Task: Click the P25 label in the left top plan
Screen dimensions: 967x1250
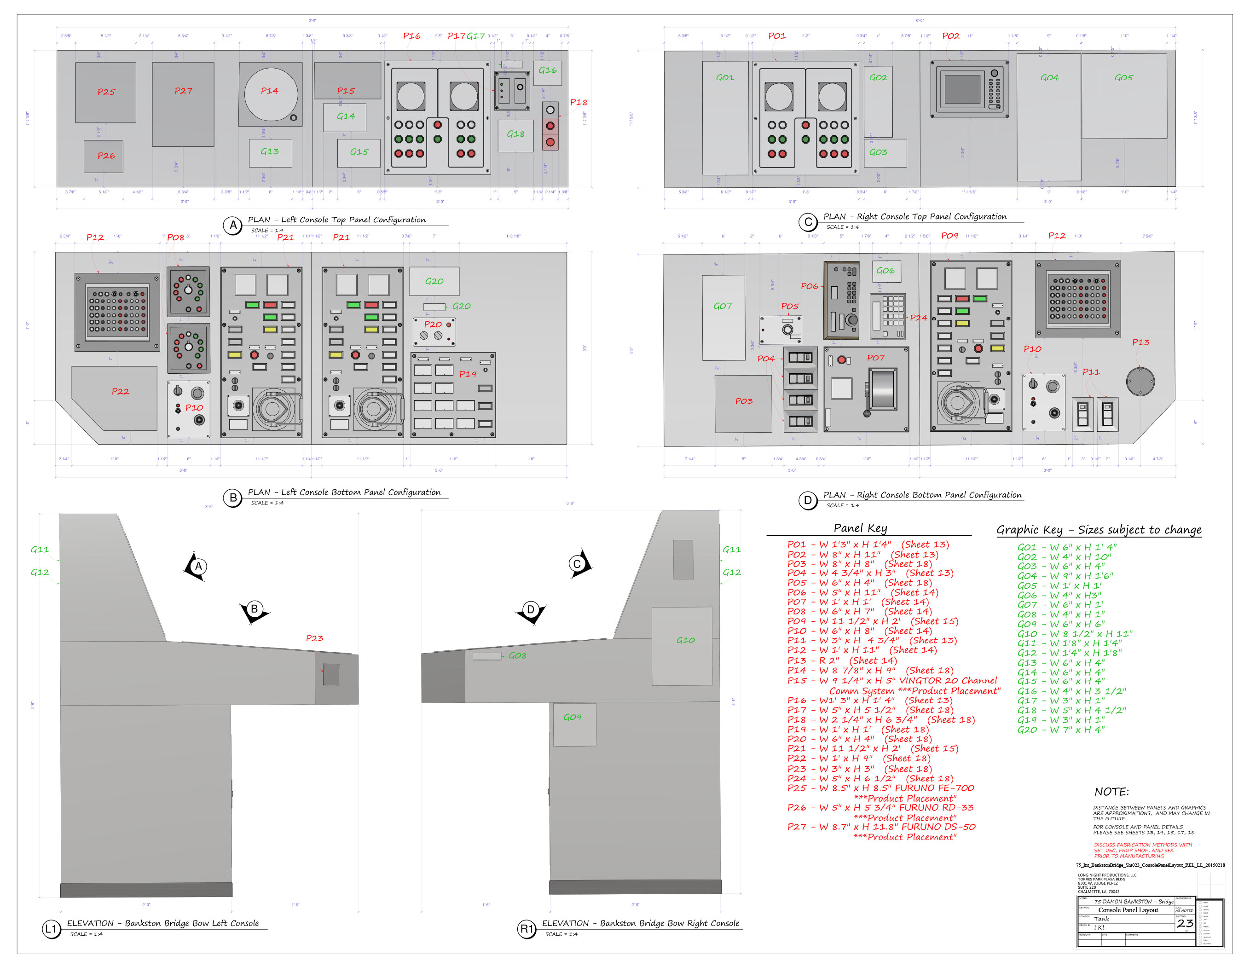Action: (106, 92)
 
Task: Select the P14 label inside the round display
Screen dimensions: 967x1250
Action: (270, 91)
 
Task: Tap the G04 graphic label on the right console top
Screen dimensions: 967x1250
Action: (1049, 77)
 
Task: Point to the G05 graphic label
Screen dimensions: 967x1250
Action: (1123, 77)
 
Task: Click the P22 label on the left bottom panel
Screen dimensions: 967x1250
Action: (120, 392)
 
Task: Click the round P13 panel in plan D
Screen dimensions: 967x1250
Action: (1140, 381)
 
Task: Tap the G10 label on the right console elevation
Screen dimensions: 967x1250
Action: (685, 640)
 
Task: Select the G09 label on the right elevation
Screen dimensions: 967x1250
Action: (573, 717)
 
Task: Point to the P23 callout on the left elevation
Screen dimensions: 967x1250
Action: (314, 638)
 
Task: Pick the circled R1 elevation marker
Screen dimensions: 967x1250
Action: (526, 929)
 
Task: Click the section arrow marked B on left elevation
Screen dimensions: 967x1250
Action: (254, 610)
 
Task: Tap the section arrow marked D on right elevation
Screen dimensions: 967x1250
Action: (531, 610)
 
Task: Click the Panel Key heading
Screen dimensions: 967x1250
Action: (860, 528)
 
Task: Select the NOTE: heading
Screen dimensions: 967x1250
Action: (1111, 792)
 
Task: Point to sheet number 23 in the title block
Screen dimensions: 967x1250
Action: (1185, 923)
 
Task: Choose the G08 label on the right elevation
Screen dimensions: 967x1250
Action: (517, 655)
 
